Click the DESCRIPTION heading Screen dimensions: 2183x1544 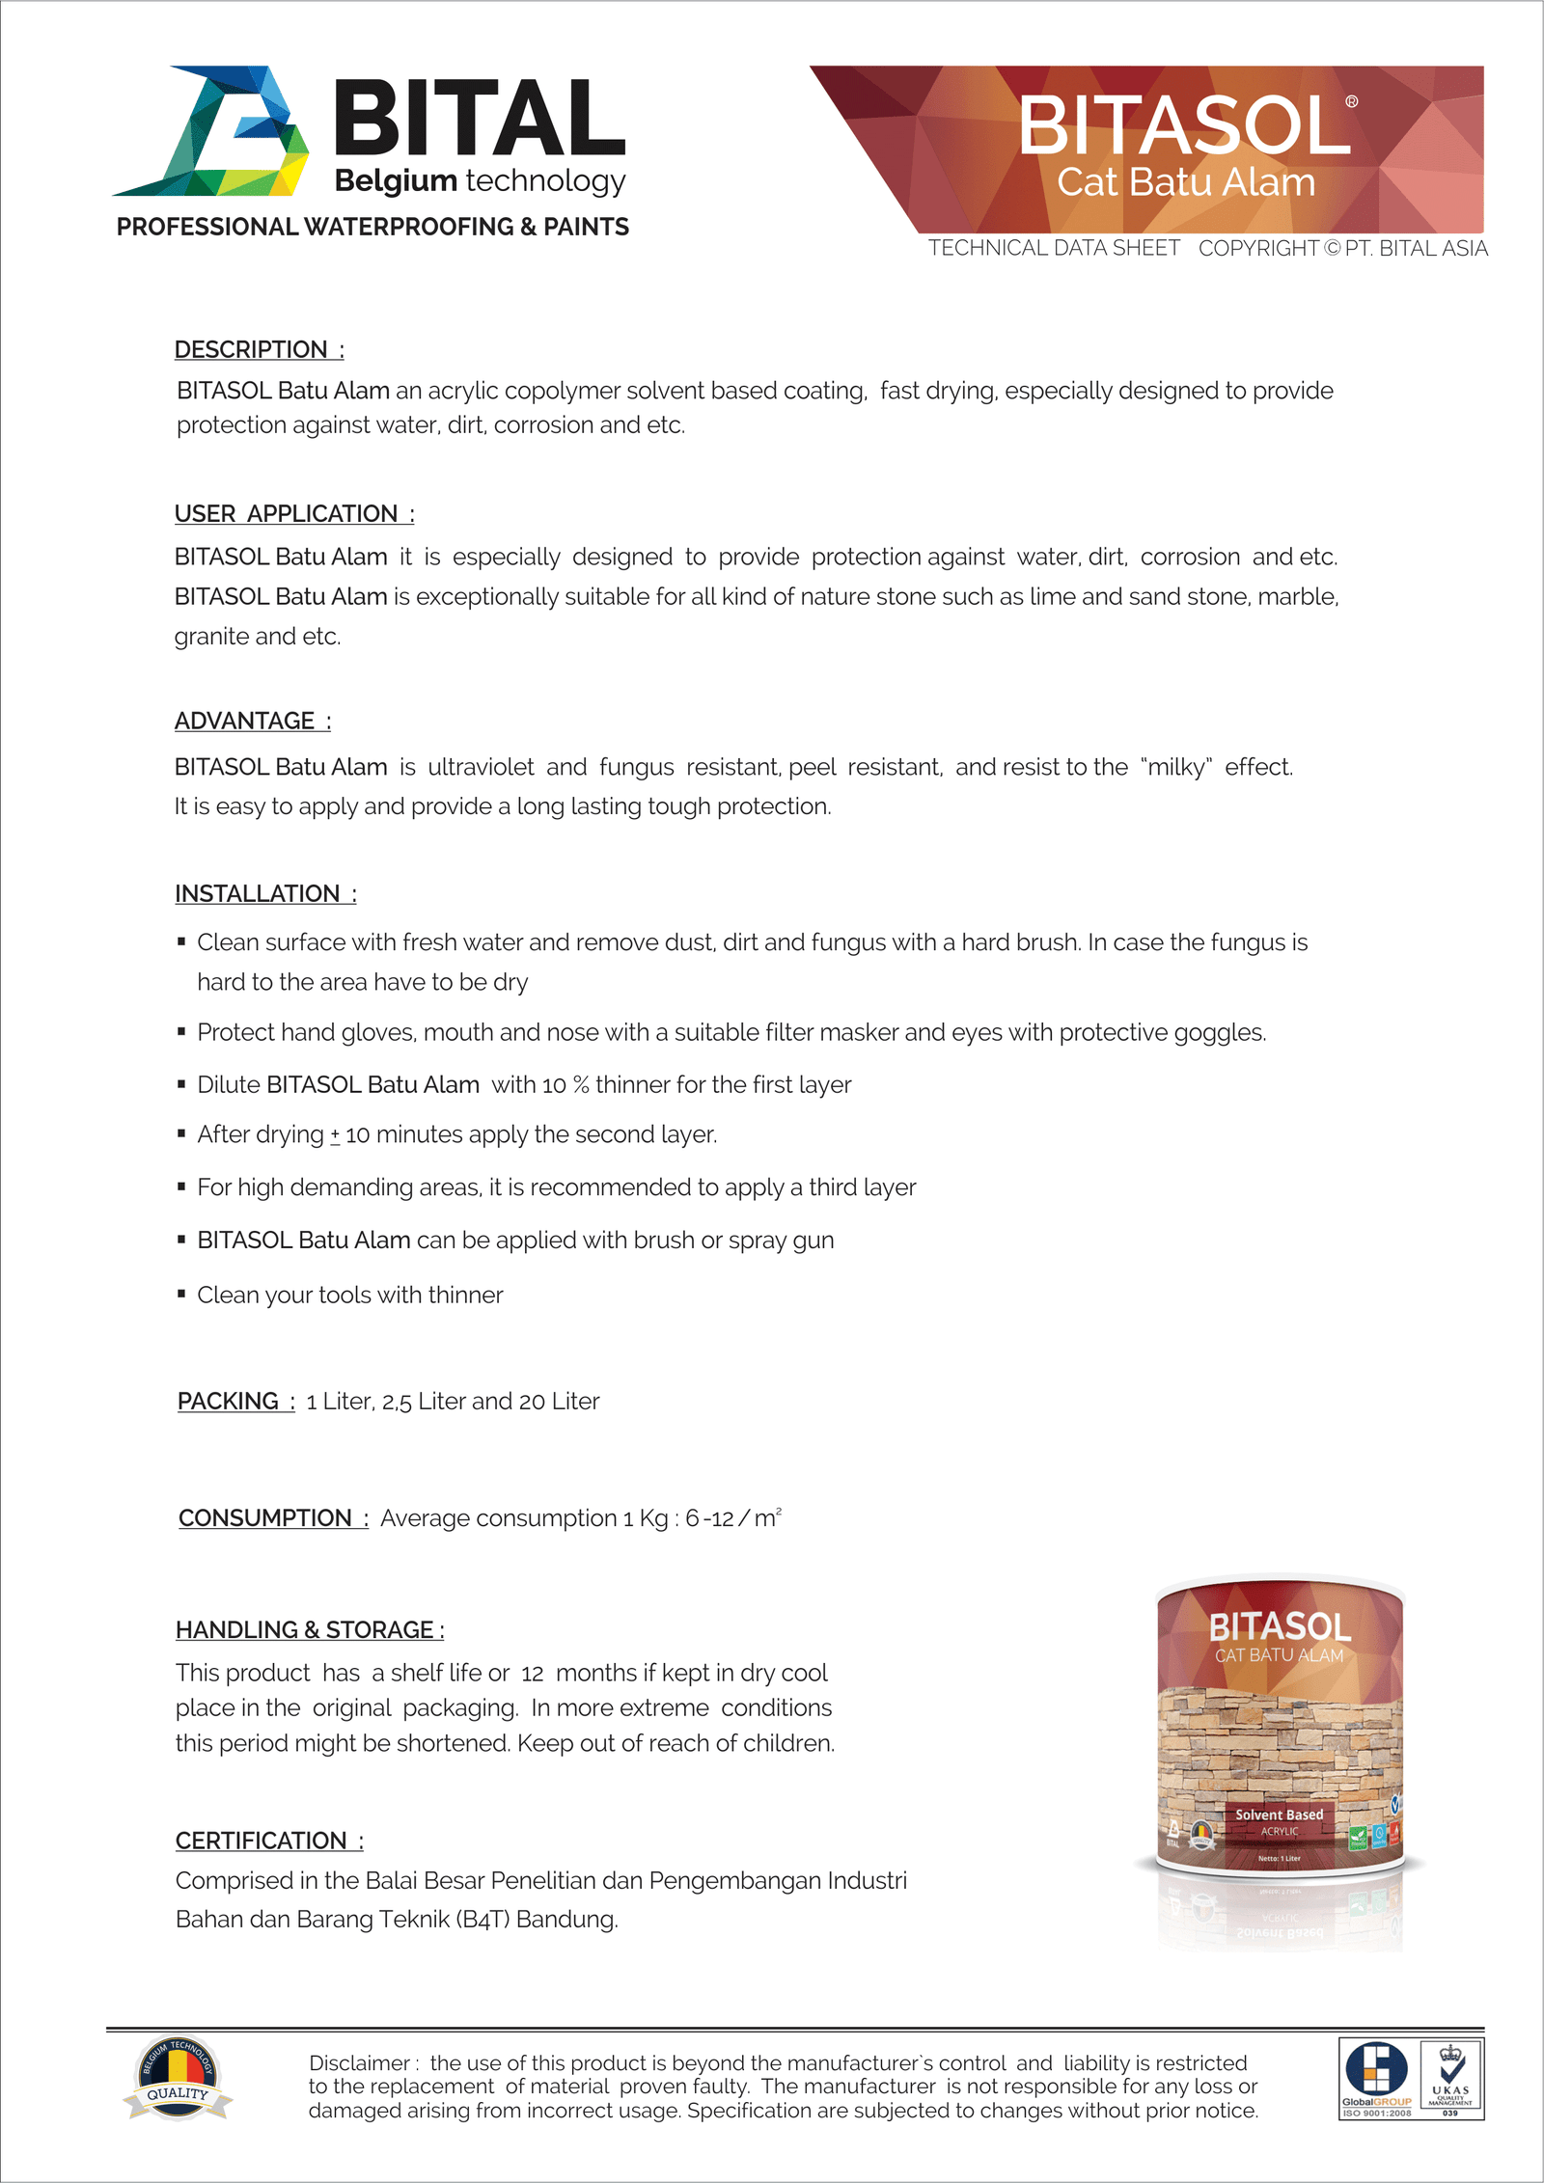click(x=258, y=349)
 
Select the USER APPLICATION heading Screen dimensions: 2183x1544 click(x=293, y=514)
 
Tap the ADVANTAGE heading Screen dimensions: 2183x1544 click(x=252, y=722)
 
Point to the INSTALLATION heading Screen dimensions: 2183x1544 click(x=264, y=894)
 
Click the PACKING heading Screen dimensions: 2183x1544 click(x=234, y=1402)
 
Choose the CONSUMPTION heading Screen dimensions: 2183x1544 click(x=272, y=1518)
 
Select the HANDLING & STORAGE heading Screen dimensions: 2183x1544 click(x=309, y=1630)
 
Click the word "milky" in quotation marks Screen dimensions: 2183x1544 click(x=1176, y=768)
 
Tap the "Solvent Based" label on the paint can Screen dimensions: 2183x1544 click(x=1279, y=1815)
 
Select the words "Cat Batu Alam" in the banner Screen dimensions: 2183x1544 click(x=1186, y=182)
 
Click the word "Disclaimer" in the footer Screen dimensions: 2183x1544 click(x=360, y=2063)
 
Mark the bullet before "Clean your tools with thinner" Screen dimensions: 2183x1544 click(x=181, y=1294)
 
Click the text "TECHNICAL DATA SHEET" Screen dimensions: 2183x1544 click(x=1054, y=249)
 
